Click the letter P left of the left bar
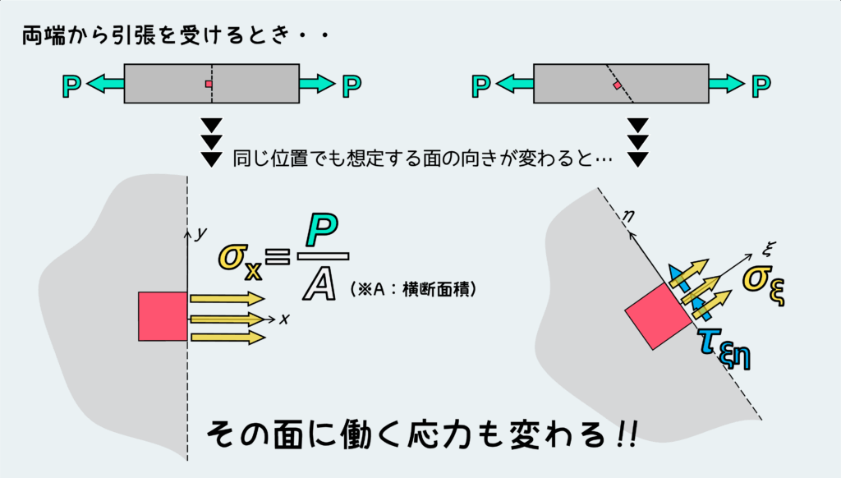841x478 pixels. tap(72, 84)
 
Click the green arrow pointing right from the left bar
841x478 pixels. tap(317, 84)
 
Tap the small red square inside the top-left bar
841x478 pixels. tap(209, 84)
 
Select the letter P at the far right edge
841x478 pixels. tap(762, 84)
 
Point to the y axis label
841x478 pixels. tap(200, 233)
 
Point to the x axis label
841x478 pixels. tap(283, 319)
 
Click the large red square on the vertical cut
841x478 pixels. tap(163, 316)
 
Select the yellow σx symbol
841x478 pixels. tap(240, 258)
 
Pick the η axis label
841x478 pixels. tap(628, 218)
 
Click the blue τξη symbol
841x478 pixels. tap(725, 347)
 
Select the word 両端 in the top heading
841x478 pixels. tap(39, 38)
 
